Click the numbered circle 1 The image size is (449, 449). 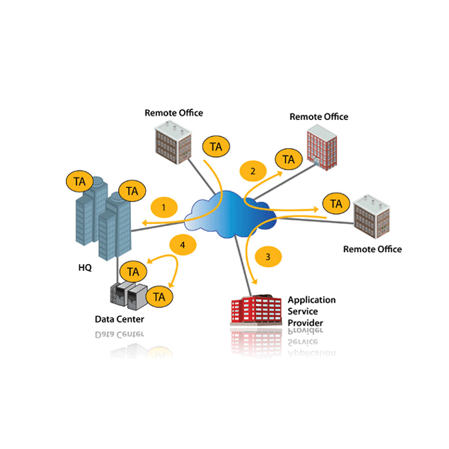[164, 206]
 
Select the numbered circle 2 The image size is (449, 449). [253, 171]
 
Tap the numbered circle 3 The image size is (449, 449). [269, 257]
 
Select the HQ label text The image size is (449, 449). [85, 267]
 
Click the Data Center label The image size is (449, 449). [119, 320]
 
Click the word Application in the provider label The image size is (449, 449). [312, 300]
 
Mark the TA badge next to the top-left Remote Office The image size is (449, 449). [216, 147]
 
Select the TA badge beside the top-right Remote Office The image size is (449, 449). [288, 159]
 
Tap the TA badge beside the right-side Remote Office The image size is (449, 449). [336, 204]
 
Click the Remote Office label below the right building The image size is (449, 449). [372, 249]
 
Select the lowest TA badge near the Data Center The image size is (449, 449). [159, 296]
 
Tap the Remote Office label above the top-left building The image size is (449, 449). [174, 113]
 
